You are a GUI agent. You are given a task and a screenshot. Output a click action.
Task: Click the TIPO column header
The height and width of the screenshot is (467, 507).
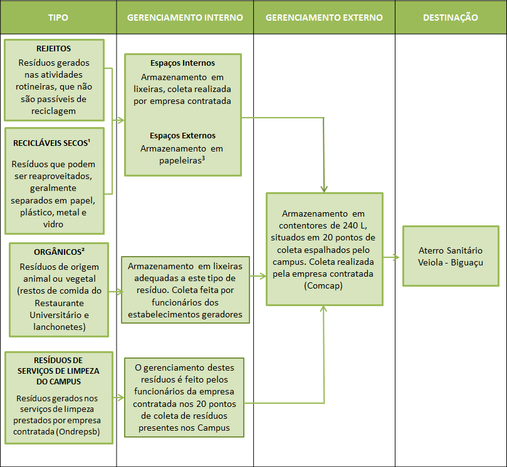[58, 18]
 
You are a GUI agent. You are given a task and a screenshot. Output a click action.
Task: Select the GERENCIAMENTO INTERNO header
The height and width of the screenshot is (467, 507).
[185, 18]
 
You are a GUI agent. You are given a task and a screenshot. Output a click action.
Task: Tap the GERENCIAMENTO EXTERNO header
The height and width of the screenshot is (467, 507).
[324, 18]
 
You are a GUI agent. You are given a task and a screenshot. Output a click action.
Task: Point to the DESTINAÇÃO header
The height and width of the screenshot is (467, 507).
[450, 18]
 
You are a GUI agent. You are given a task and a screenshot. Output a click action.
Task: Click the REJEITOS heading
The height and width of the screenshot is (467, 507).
[54, 49]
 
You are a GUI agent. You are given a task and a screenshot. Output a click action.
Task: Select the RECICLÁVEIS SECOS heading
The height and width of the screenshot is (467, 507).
[51, 143]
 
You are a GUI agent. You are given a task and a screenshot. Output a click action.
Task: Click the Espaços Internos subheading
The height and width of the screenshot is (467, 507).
[183, 63]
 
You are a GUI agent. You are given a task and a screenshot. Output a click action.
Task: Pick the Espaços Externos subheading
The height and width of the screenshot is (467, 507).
[183, 135]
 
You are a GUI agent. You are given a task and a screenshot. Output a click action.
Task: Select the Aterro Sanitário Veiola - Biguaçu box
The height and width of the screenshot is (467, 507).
[451, 256]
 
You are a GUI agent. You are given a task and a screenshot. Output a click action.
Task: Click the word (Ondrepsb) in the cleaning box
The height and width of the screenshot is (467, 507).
[78, 431]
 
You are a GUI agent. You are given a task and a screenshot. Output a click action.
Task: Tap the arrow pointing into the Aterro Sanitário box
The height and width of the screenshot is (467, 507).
[392, 256]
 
